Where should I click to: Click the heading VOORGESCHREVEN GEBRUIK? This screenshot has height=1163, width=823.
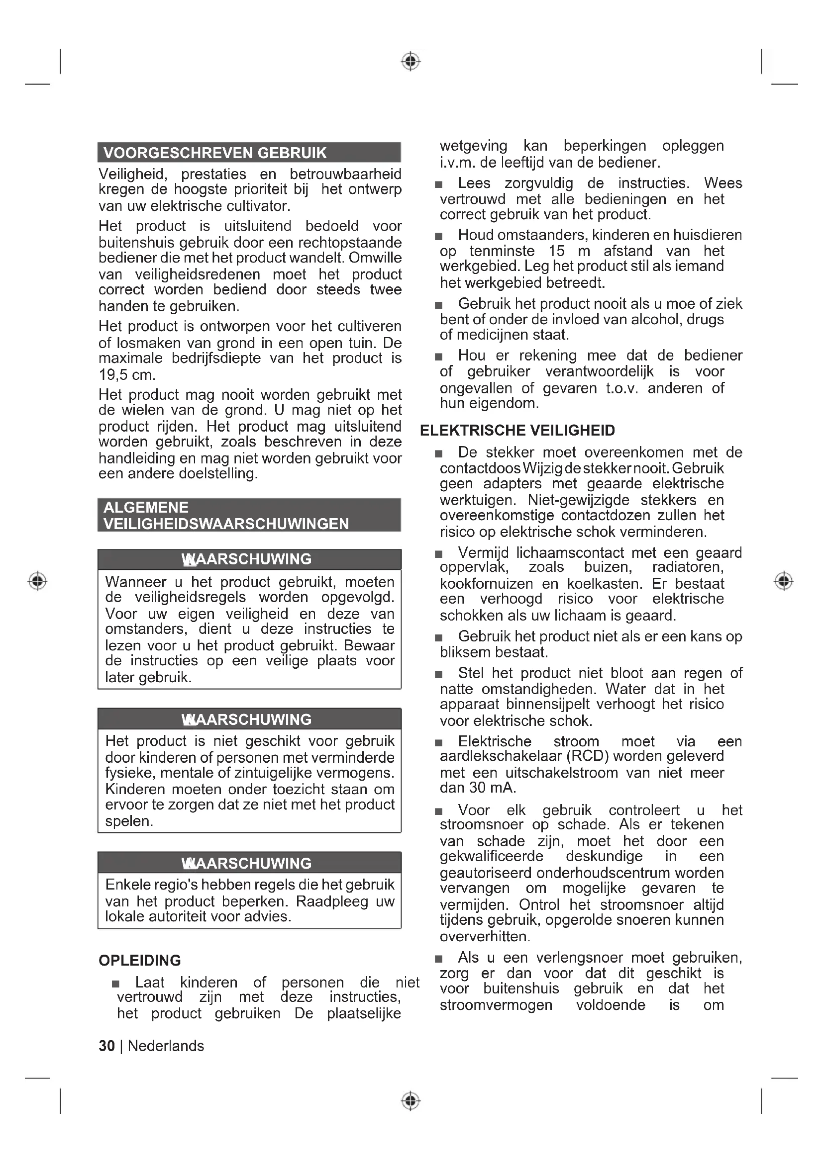(x=215, y=153)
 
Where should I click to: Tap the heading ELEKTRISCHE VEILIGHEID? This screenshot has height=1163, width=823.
(x=517, y=431)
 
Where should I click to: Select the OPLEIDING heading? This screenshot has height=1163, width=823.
(x=139, y=961)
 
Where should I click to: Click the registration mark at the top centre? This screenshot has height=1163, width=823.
(x=411, y=61)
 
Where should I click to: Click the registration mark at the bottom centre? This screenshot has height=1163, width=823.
(x=411, y=1101)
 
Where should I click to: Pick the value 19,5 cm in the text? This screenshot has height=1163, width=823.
(x=127, y=375)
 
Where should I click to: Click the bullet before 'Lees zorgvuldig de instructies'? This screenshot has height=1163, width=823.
(x=439, y=185)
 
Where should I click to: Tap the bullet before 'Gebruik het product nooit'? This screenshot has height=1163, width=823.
(x=439, y=305)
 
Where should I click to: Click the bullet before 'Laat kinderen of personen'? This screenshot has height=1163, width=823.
(x=116, y=984)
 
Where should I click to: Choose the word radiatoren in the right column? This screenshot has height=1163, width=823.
(x=688, y=567)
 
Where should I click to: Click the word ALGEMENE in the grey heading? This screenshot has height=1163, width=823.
(x=146, y=508)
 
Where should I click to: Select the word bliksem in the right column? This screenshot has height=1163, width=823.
(x=465, y=652)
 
